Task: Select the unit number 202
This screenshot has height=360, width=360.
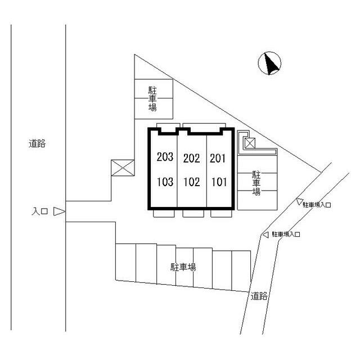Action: pyautogui.click(x=191, y=159)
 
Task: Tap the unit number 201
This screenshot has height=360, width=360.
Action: pyautogui.click(x=218, y=158)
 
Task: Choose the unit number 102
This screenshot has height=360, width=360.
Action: pyautogui.click(x=191, y=182)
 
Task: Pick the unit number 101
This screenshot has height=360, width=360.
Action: pyautogui.click(x=219, y=182)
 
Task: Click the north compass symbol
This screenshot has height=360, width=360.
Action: pyautogui.click(x=270, y=64)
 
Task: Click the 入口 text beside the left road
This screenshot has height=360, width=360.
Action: pyautogui.click(x=39, y=212)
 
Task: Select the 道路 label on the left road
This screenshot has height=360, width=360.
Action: pyautogui.click(x=37, y=143)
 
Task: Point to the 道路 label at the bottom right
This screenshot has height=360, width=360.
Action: pyautogui.click(x=259, y=296)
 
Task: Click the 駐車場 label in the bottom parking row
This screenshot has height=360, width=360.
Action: pyautogui.click(x=183, y=267)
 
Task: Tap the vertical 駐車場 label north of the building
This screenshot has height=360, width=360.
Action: pyautogui.click(x=152, y=98)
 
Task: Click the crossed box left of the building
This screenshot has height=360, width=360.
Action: pyautogui.click(x=123, y=168)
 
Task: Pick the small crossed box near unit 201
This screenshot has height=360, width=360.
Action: pyautogui.click(x=249, y=143)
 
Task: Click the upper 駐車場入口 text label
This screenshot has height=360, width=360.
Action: pyautogui.click(x=317, y=205)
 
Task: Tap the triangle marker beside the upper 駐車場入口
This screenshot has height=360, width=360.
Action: pyautogui.click(x=299, y=202)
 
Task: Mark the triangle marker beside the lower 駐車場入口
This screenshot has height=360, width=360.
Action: pyautogui.click(x=265, y=234)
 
